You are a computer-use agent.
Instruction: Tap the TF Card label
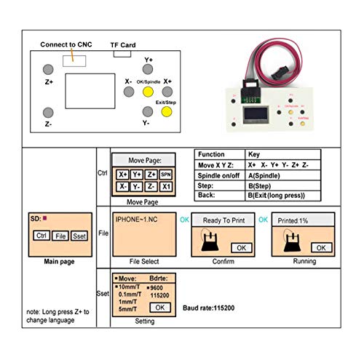point(123,45)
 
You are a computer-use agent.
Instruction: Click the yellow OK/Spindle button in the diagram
point(148,93)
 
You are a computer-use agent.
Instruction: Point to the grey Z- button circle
point(48,112)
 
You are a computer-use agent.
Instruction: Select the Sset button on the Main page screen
point(80,236)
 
